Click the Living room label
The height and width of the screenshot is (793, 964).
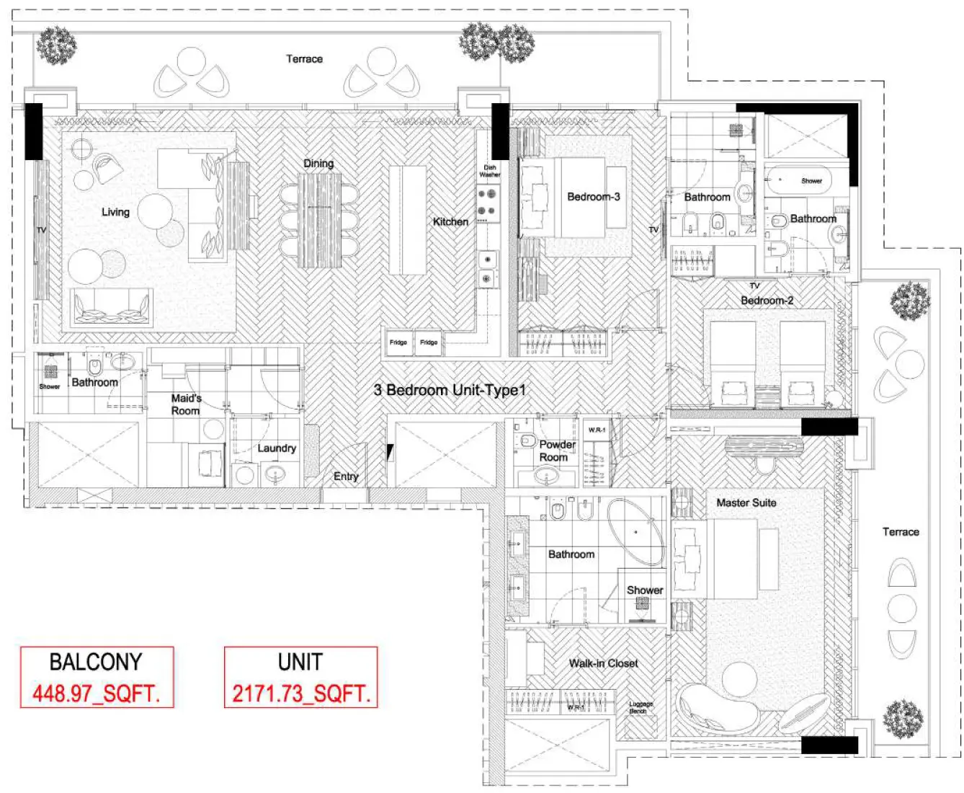115,212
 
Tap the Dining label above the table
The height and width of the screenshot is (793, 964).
318,164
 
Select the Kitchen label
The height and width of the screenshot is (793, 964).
450,222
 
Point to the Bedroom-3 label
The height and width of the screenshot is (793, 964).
593,197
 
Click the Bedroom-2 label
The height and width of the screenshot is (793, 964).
767,301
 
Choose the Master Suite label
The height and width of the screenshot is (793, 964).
746,502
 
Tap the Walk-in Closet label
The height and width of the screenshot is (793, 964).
603,663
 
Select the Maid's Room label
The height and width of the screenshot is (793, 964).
186,404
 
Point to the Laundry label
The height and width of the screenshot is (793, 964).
277,448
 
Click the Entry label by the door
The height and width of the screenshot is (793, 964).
346,477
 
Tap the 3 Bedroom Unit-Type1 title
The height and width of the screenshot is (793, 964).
450,390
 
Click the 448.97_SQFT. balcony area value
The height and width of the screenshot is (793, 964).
96,694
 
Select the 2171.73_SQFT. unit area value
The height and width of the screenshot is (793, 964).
300,694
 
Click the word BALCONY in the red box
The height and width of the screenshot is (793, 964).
96,662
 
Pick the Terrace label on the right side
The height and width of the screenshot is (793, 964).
901,532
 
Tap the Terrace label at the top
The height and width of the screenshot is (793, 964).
304,59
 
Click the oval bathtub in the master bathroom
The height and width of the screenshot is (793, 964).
635,532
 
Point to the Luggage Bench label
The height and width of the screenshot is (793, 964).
641,707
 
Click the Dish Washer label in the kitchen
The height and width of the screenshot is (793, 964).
490,171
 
